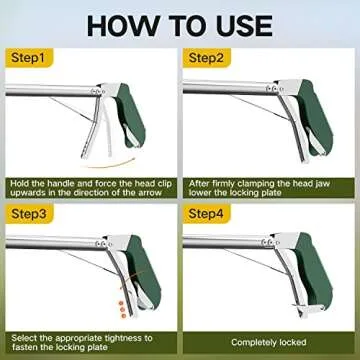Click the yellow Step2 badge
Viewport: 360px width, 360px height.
pyautogui.click(x=207, y=60)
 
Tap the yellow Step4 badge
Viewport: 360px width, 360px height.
pyautogui.click(x=207, y=214)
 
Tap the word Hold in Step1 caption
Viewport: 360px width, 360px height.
pyautogui.click(x=22, y=182)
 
